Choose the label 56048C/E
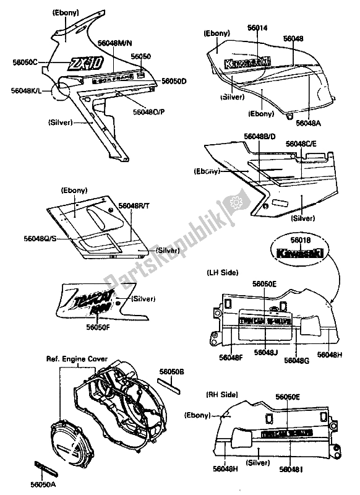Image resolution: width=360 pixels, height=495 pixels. (x=300, y=144)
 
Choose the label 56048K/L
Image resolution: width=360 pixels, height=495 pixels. (x=26, y=91)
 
